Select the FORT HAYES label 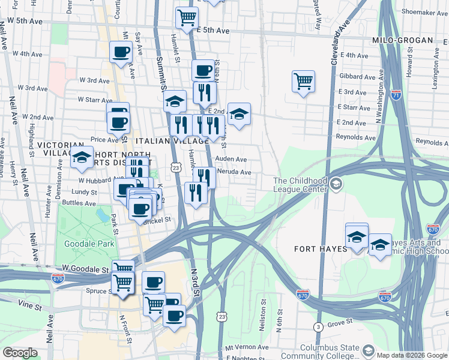321,248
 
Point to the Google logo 20,353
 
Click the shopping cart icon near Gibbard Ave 303,80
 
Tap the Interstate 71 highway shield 396,94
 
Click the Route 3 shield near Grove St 318,326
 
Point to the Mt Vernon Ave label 247,347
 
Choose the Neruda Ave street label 237,172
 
